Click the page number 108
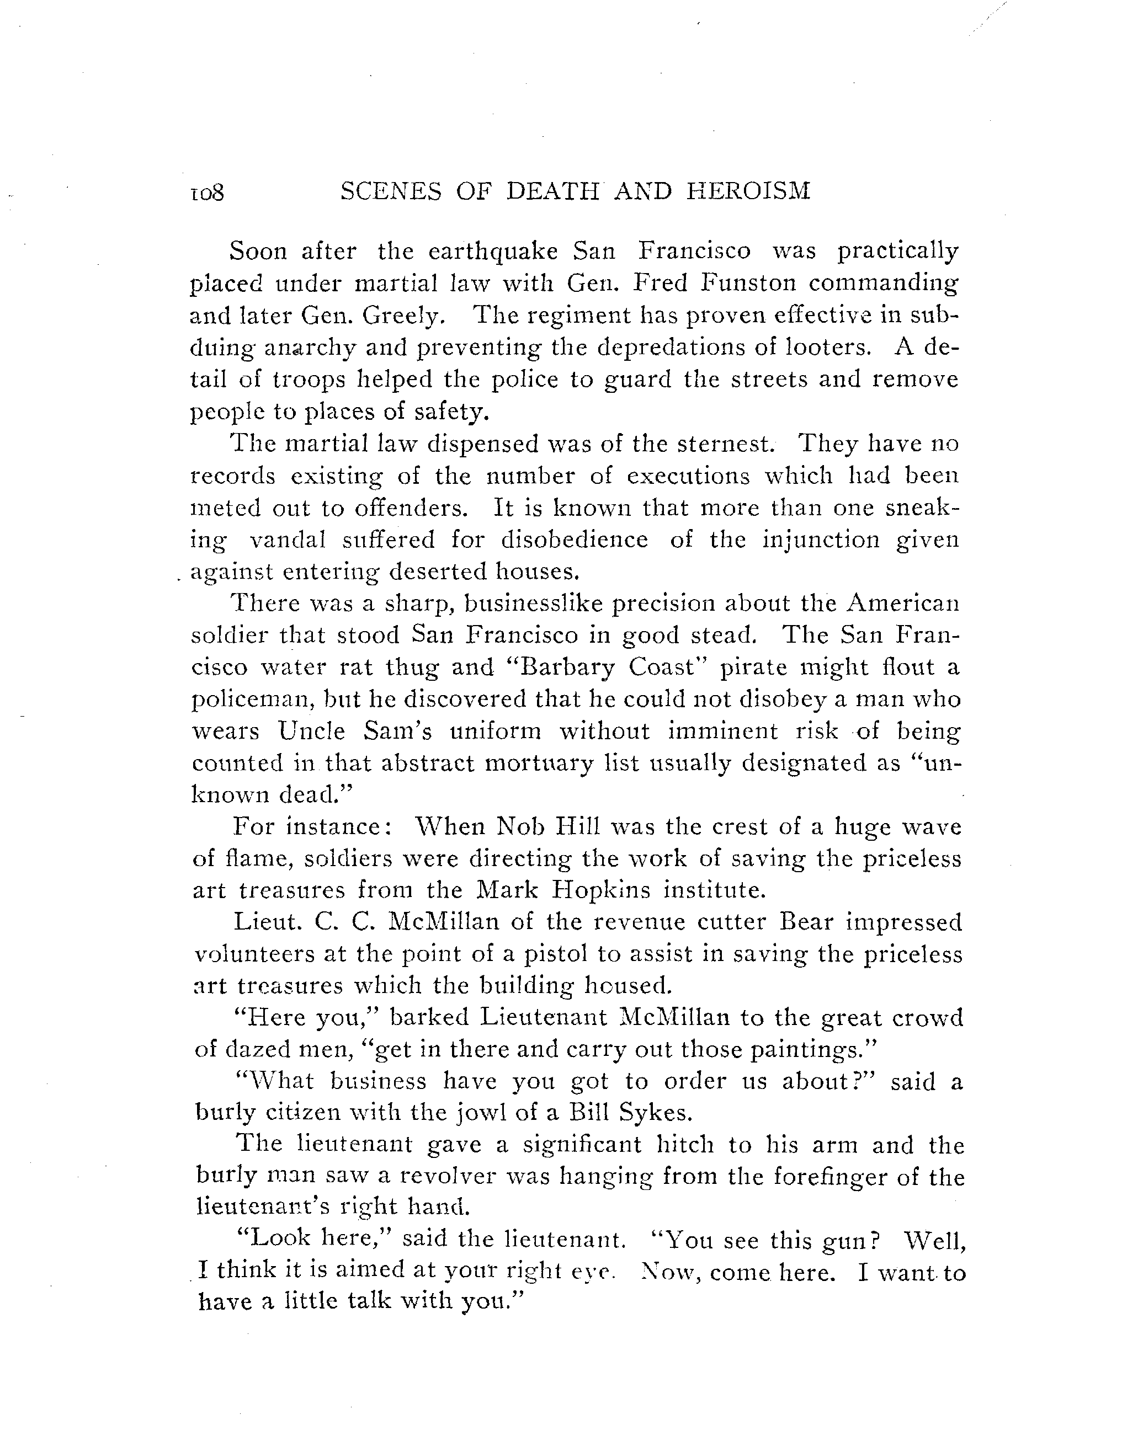coord(208,193)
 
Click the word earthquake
coord(493,252)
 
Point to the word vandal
coord(288,540)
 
